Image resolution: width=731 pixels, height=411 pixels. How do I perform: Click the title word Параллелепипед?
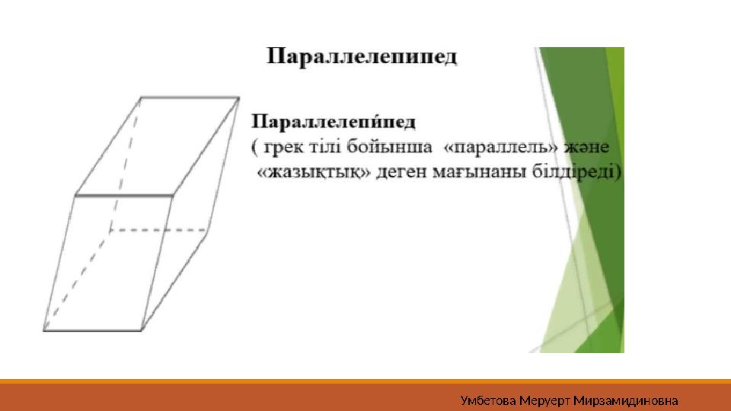(362, 59)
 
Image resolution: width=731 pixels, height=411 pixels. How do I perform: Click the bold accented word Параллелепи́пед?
(334, 122)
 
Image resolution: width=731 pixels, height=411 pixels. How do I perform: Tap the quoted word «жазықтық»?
(319, 172)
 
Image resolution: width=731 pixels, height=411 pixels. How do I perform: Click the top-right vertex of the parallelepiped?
(239, 97)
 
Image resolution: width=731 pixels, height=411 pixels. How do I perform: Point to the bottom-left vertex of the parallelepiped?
(43, 330)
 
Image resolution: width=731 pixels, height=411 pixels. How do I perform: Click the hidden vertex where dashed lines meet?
(110, 229)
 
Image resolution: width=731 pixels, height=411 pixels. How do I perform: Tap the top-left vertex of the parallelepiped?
(141, 97)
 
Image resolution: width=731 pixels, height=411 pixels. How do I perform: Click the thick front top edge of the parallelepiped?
(123, 196)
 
